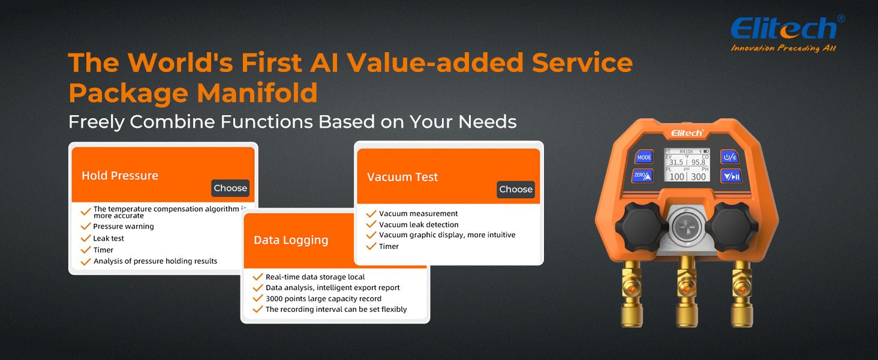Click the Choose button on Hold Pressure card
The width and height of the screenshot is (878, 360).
(230, 188)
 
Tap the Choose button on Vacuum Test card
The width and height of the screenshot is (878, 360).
(516, 190)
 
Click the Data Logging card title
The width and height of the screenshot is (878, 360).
(291, 240)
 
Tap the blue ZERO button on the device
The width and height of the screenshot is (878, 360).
(642, 176)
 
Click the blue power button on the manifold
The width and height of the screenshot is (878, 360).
(729, 157)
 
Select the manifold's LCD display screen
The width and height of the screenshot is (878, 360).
(687, 165)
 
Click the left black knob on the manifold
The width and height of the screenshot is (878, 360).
(641, 227)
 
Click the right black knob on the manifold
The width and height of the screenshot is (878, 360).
(730, 227)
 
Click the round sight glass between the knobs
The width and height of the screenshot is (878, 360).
(686, 227)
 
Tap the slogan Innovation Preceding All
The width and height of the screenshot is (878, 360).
(783, 48)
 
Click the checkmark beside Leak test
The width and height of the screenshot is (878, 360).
(85, 238)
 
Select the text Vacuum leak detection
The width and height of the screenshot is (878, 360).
(419, 225)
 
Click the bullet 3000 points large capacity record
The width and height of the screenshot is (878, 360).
(323, 299)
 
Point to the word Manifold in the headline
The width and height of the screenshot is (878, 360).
(257, 93)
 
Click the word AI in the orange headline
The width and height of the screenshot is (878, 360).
(324, 63)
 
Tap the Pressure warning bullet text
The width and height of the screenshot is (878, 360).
(124, 226)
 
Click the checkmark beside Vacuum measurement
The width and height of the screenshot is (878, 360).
(371, 214)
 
